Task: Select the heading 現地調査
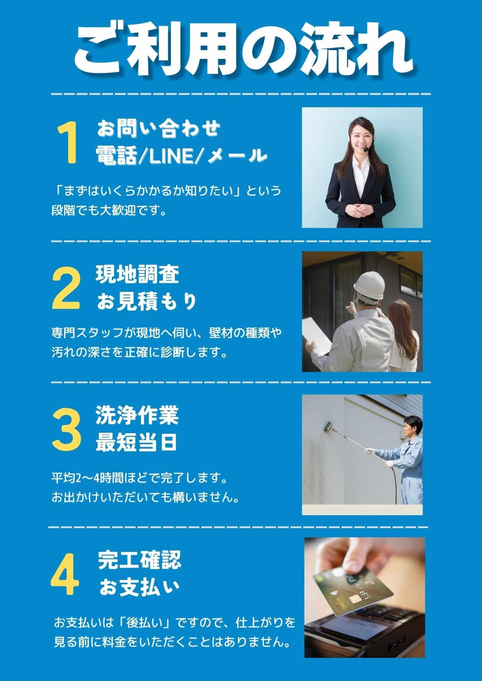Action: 137,275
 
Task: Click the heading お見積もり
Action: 147,301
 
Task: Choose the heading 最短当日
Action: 136,443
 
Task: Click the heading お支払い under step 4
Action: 139,587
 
